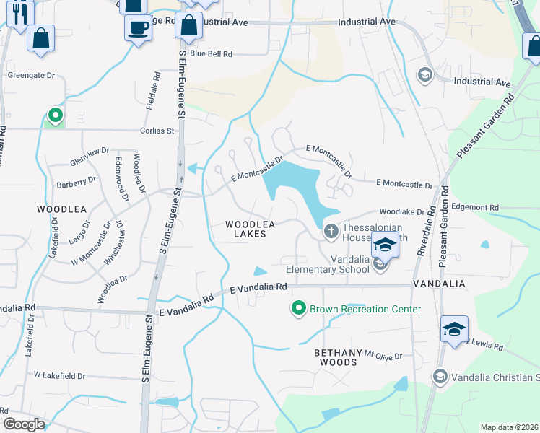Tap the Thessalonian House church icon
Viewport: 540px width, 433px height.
pos(331,232)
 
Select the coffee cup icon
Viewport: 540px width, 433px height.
pos(138,29)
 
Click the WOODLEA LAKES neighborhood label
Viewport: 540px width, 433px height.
pos(250,229)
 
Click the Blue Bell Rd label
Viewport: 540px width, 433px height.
pos(211,54)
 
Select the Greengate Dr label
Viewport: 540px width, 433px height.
pos(31,75)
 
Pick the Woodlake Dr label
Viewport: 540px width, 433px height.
pos(401,212)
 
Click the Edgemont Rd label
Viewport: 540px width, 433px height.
pos(474,207)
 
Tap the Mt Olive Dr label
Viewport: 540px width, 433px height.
pos(383,356)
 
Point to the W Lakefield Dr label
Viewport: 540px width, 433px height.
pos(59,376)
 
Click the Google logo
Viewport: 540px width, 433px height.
pos(24,424)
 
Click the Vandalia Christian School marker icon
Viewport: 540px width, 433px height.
pos(440,376)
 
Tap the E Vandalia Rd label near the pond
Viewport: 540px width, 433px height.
pos(258,287)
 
